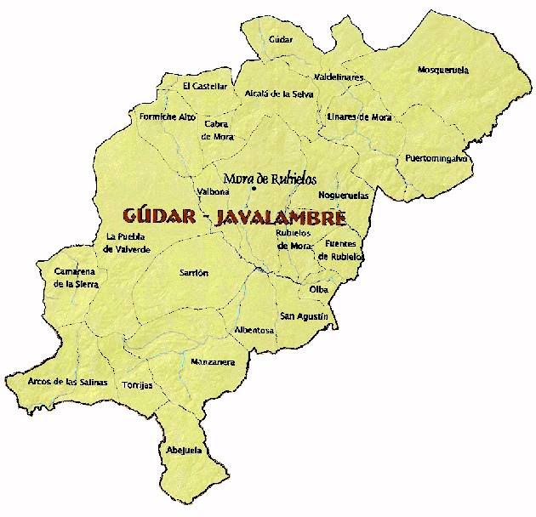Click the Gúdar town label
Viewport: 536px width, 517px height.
[280, 40]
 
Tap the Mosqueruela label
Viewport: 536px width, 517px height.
[443, 70]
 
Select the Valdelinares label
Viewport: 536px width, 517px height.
[339, 77]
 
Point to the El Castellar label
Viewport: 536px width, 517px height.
[205, 86]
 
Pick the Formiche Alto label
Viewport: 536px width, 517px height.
[167, 116]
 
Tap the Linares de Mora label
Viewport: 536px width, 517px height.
[359, 117]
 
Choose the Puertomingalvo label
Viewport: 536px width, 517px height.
[436, 159]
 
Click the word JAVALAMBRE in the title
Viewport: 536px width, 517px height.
[282, 218]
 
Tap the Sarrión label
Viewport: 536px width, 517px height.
[194, 273]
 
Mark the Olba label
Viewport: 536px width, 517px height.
[319, 290]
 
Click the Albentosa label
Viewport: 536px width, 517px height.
[254, 330]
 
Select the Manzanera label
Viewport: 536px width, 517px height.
[213, 362]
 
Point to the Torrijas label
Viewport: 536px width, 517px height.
[137, 385]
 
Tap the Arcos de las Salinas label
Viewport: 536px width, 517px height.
[67, 383]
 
